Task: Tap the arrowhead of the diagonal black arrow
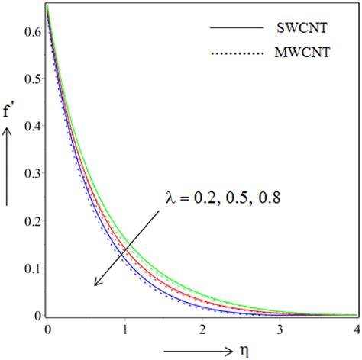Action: (95, 284)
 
